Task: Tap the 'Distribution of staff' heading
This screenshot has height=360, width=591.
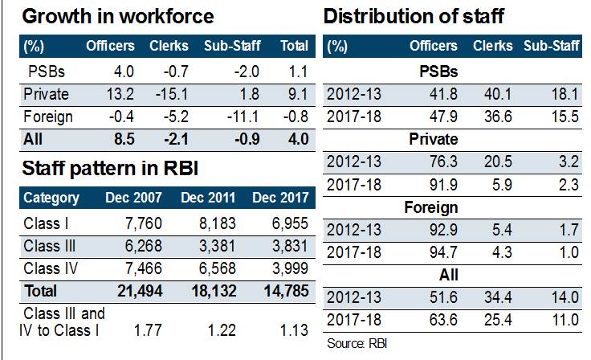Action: point(414,16)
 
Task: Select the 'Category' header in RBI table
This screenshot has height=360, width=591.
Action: point(51,198)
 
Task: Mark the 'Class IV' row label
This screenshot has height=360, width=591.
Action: point(50,266)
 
